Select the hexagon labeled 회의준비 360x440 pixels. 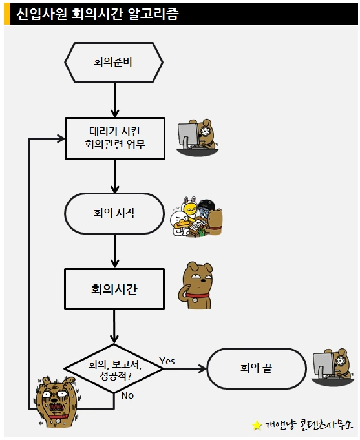114,63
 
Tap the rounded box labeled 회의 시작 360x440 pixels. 114,213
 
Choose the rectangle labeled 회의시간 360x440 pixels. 114,289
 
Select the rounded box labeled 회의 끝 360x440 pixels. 255,369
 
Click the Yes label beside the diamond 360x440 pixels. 167,361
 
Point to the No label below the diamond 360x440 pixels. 127,395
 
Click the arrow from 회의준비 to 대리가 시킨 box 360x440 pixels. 114,100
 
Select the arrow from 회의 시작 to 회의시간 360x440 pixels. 114,251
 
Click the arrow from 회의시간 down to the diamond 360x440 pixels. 114,327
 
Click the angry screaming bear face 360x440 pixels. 58,401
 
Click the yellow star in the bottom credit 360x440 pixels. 257,426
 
